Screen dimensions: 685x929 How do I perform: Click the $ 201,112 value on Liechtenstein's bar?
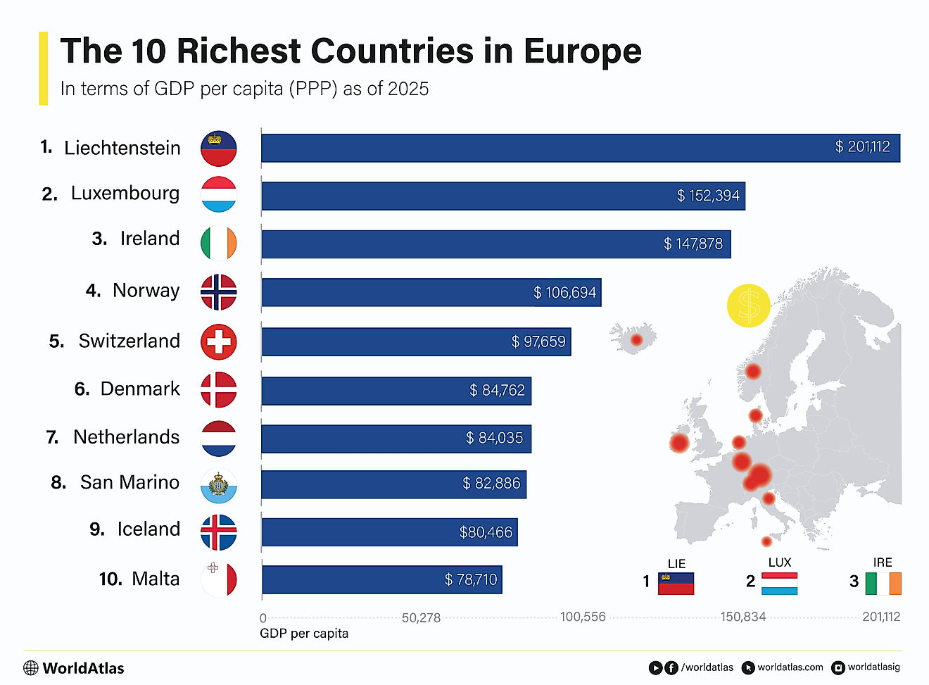pos(862,147)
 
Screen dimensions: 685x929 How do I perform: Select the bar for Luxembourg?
pos(503,196)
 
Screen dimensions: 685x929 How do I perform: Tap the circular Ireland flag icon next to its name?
pos(218,244)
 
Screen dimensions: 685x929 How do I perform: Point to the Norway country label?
pos(146,291)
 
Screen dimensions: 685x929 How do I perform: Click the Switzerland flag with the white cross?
pos(218,342)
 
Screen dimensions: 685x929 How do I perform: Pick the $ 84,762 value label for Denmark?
pos(497,390)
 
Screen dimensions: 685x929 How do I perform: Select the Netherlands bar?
pos(396,439)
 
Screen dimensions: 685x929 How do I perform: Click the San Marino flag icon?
pos(218,486)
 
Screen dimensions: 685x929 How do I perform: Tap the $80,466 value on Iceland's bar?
pos(486,532)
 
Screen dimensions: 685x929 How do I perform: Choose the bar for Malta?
pos(381,579)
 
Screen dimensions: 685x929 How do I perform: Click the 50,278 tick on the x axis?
pos(421,618)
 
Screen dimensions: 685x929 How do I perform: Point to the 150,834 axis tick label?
pos(743,617)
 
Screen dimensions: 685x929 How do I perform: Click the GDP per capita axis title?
pos(304,634)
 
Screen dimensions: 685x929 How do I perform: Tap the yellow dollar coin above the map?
pos(749,306)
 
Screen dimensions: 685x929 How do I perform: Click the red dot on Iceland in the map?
pos(636,340)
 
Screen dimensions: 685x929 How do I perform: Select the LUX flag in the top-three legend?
pos(780,584)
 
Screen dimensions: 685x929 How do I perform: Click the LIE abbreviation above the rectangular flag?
pos(676,564)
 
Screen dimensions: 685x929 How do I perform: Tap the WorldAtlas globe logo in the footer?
pos(31,668)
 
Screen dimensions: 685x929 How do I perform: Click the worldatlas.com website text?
pos(790,667)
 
